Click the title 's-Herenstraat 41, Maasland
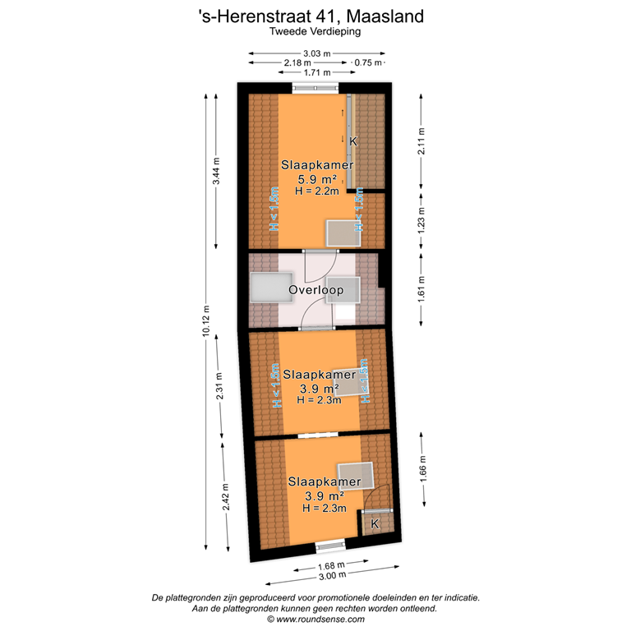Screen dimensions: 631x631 315,16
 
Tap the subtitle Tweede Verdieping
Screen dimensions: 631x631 315,31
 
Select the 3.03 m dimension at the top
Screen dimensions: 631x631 315,53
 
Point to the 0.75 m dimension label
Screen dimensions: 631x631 368,62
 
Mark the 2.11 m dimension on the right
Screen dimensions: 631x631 421,141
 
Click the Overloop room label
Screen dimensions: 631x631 315,290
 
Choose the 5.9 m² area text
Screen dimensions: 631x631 316,178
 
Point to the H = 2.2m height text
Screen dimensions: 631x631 316,191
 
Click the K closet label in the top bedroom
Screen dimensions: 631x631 352,141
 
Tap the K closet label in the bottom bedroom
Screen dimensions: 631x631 375,523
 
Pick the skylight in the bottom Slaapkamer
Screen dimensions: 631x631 357,476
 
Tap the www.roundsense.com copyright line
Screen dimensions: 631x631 315,619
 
